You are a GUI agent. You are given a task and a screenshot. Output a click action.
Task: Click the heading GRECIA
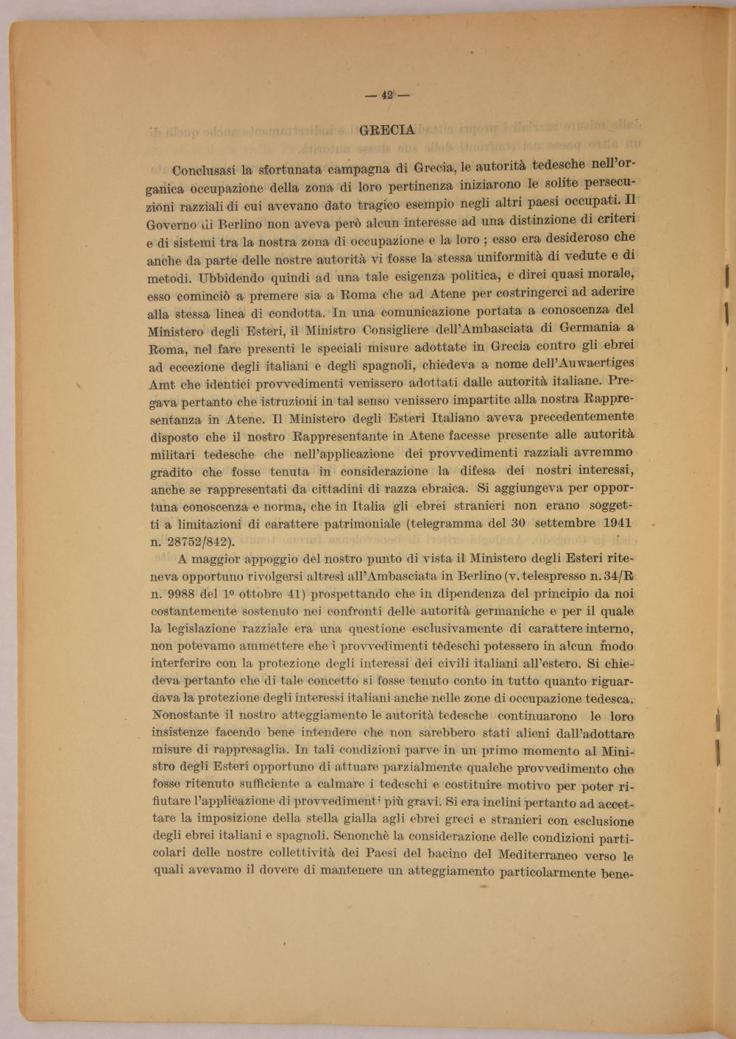pyautogui.click(x=387, y=131)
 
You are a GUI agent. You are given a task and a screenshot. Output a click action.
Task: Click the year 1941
pyautogui.click(x=617, y=523)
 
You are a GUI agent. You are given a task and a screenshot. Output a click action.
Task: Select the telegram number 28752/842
pyautogui.click(x=199, y=542)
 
